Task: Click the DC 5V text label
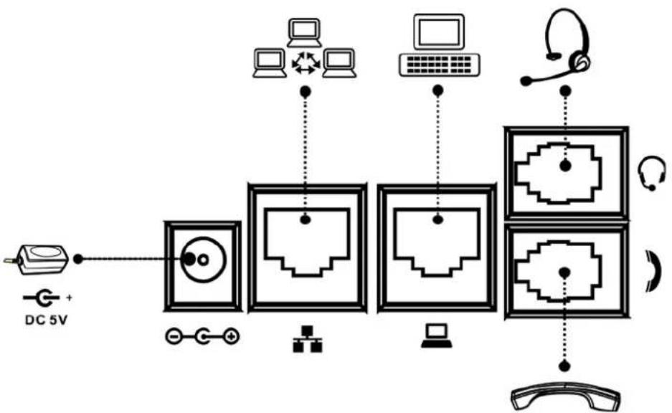47,320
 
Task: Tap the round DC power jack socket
203,260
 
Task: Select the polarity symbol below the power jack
202,337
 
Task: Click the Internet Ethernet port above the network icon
307,249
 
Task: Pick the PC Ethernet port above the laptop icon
437,249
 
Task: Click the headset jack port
566,173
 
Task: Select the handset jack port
566,271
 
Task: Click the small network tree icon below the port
307,339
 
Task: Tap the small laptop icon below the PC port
436,336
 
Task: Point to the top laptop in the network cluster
304,32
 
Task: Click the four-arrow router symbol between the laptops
305,62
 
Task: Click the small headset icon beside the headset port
651,173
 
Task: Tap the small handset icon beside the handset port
654,272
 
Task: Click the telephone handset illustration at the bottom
566,397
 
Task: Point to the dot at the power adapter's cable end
78,259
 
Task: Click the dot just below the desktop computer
437,91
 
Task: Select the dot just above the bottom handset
565,366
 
